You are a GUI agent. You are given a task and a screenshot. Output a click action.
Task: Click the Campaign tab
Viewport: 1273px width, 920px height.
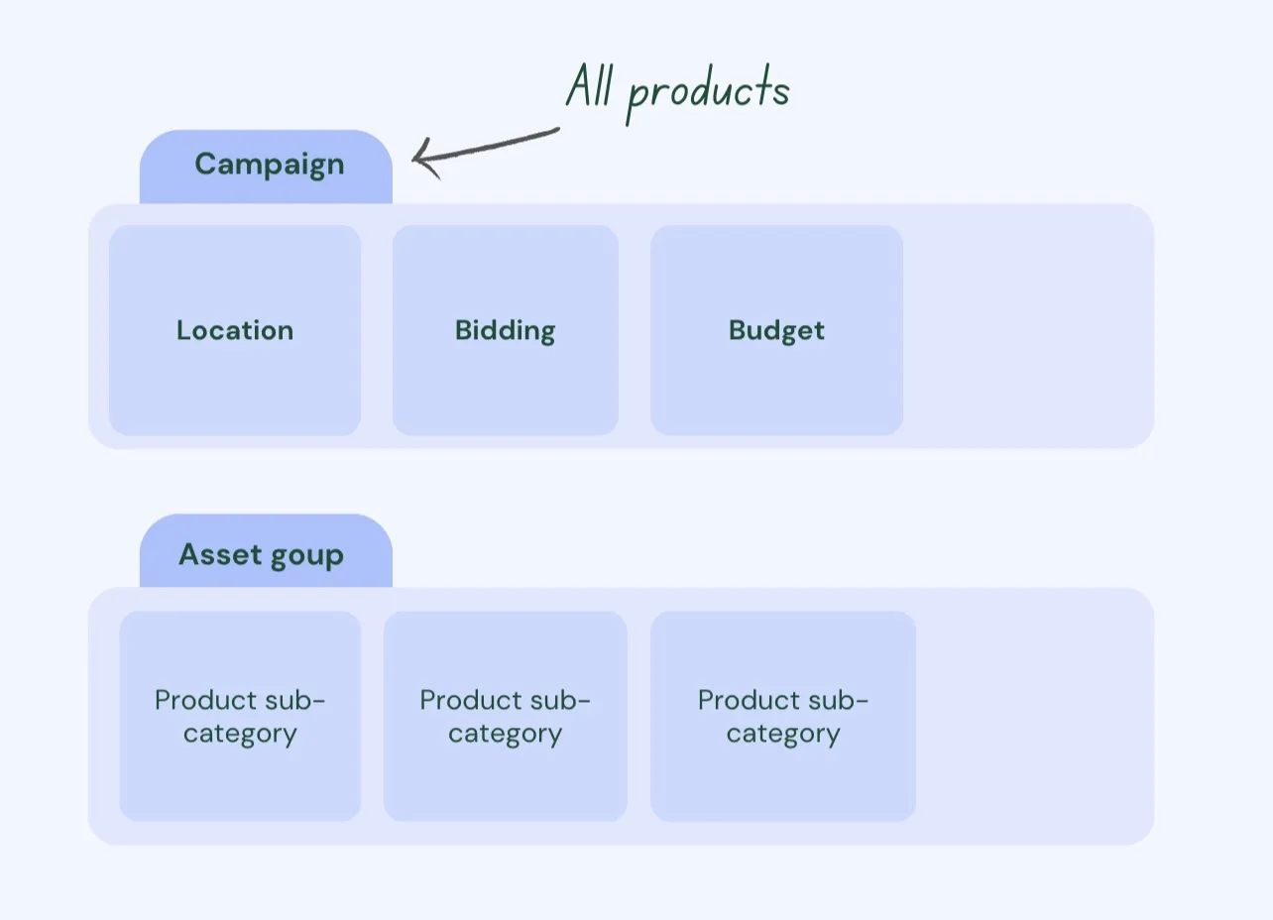pos(266,167)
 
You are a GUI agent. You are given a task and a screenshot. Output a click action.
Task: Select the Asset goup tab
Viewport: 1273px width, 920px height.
pos(266,550)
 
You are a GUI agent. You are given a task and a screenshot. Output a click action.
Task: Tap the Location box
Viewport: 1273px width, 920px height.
pos(235,330)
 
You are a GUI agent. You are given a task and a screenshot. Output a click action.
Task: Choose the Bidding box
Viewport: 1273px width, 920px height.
pos(506,330)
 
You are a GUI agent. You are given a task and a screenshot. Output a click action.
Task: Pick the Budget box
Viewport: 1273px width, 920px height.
pos(776,330)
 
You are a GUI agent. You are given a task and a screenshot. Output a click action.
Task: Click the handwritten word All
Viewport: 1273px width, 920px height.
pos(590,85)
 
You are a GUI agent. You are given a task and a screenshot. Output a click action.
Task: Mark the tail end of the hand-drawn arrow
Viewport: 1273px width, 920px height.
pos(558,130)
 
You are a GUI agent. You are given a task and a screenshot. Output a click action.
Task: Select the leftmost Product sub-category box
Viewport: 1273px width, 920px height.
pos(240,716)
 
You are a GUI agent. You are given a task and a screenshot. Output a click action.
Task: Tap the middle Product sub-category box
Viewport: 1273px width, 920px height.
pos(506,716)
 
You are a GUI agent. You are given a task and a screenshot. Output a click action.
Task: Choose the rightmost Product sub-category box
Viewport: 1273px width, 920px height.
pos(782,716)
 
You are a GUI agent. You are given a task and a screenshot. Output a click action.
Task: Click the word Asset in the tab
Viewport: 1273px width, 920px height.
pos(219,554)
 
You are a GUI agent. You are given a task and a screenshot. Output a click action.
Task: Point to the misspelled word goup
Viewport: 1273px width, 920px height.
pos(307,556)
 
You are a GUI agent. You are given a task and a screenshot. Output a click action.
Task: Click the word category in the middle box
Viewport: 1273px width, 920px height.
pos(506,734)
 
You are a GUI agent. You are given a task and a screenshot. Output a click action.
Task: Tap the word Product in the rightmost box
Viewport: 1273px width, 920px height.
pos(748,700)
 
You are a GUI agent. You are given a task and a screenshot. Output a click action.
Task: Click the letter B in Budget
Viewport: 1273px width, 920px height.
pos(738,330)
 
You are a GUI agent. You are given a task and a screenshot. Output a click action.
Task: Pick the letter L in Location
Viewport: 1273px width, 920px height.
pos(183,330)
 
